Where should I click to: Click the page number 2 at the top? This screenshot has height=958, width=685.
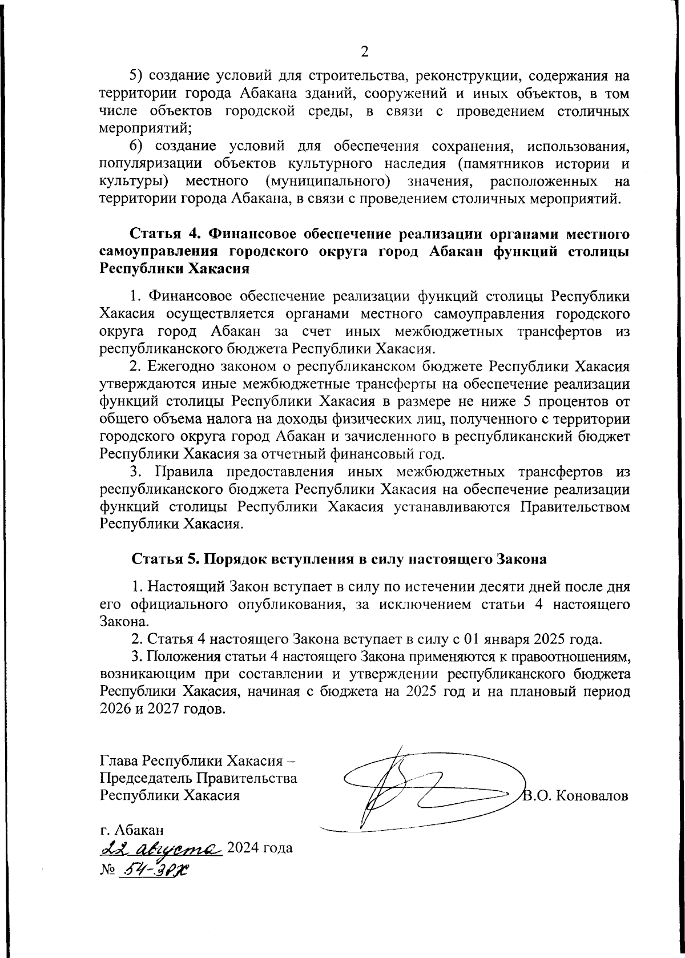click(x=364, y=52)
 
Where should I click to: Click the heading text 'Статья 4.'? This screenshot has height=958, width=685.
click(x=166, y=234)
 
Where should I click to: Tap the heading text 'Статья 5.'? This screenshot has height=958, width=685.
click(x=166, y=559)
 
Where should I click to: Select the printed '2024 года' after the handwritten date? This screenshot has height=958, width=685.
click(x=260, y=847)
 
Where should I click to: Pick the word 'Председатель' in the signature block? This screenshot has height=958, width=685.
click(x=147, y=778)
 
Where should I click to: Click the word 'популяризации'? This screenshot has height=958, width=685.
click(x=150, y=164)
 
